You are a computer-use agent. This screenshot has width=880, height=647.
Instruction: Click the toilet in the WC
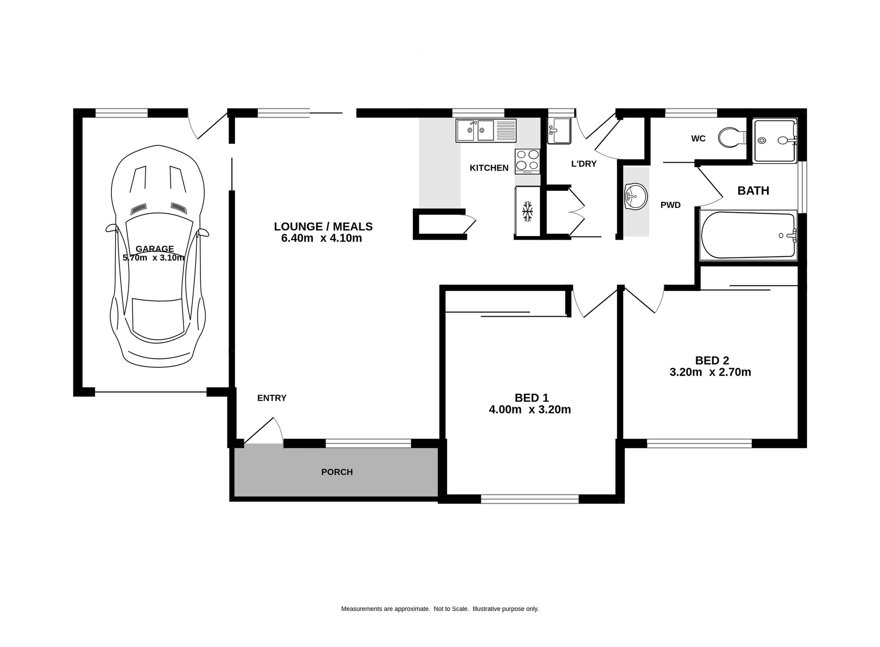pos(731,137)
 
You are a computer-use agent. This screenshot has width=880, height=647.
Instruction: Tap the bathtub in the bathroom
pos(748,235)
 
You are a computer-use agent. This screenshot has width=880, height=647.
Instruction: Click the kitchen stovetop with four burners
pos(527,160)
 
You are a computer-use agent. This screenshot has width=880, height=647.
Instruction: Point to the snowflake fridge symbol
pos(528,211)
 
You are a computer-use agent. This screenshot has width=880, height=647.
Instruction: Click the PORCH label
pos(337,472)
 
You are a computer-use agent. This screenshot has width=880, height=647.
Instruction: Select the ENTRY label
pos(272,398)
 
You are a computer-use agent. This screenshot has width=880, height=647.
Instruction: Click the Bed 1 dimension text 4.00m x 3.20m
pos(530,410)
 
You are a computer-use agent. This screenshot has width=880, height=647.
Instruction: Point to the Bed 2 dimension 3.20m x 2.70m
pos(710,372)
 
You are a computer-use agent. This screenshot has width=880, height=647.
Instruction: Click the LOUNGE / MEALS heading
pos(323,226)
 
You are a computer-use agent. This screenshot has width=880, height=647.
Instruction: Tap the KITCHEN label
pos(489,168)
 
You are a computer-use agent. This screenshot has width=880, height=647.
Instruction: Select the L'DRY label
pos(583,164)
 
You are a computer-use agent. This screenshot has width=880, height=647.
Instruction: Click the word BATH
pos(753,191)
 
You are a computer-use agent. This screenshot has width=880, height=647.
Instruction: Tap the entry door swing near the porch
pos(266,431)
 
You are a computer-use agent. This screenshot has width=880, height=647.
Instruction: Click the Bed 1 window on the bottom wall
pos(529,499)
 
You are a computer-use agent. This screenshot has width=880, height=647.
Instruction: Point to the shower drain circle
pos(762,141)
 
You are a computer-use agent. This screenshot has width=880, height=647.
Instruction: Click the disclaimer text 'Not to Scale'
pos(451,609)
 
